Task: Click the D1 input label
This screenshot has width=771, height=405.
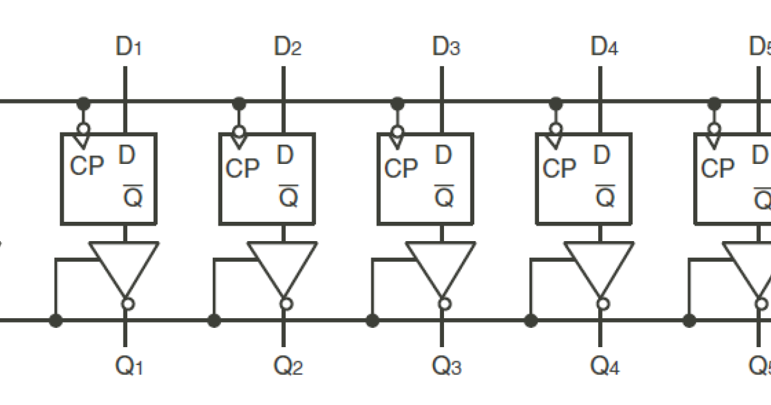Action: point(128,47)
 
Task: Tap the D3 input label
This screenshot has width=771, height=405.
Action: point(446,47)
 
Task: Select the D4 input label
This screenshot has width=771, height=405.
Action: point(605,47)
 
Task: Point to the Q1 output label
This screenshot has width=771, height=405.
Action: point(128,366)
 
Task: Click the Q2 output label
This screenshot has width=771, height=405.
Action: point(287,366)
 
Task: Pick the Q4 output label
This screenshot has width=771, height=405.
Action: point(605,366)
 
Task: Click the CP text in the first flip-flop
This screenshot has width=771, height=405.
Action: point(86,166)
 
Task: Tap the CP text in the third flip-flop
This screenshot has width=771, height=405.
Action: point(401,169)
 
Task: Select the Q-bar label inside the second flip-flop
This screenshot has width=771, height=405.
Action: point(288,197)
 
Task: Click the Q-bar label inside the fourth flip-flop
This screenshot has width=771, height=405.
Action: point(605,197)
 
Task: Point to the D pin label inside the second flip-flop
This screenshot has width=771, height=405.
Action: point(285,155)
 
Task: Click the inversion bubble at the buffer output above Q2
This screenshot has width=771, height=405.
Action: point(287,304)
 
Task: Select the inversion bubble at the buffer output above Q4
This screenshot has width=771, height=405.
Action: point(603,304)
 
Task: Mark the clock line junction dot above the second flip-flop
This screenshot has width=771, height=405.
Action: point(239,102)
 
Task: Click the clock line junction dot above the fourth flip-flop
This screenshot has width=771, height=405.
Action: point(556,102)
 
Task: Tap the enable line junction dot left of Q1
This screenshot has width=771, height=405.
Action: point(57,319)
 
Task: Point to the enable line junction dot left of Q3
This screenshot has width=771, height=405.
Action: point(373,319)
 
